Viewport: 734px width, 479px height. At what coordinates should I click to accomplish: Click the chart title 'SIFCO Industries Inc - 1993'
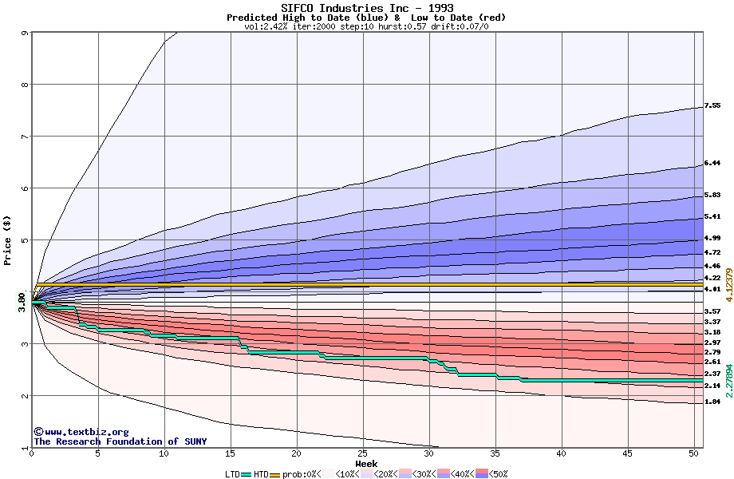pyautogui.click(x=367, y=8)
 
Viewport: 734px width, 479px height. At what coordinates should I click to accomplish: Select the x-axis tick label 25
pyautogui.click(x=363, y=454)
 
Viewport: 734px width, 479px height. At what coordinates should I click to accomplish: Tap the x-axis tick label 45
pyautogui.click(x=628, y=454)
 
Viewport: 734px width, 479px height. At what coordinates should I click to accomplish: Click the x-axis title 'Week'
pyautogui.click(x=366, y=464)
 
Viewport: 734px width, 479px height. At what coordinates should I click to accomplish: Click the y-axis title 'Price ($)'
pyautogui.click(x=8, y=239)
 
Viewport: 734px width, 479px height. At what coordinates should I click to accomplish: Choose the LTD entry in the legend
pyautogui.click(x=232, y=474)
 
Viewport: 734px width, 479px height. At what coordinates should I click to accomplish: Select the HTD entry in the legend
pyautogui.click(x=261, y=474)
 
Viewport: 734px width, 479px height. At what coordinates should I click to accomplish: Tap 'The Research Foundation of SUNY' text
pyautogui.click(x=120, y=441)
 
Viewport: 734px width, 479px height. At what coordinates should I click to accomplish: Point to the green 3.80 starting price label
pyautogui.click(x=22, y=301)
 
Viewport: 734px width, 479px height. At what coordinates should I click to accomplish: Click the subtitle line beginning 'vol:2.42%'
pyautogui.click(x=366, y=26)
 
